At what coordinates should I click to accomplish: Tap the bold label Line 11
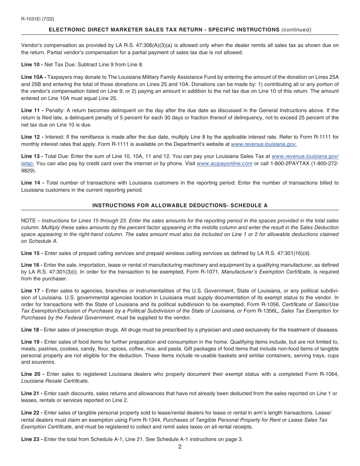pyautogui.click(x=30, y=110)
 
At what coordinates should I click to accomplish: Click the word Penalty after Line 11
pyautogui.click(x=55, y=110)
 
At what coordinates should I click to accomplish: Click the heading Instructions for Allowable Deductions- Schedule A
pyautogui.click(x=180, y=205)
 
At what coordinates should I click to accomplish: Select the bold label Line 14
pyautogui.click(x=30, y=183)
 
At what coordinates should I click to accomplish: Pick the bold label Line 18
pyautogui.click(x=30, y=330)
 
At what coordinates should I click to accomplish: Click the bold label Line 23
pyautogui.click(x=30, y=439)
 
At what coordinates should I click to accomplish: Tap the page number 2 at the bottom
pyautogui.click(x=180, y=446)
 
